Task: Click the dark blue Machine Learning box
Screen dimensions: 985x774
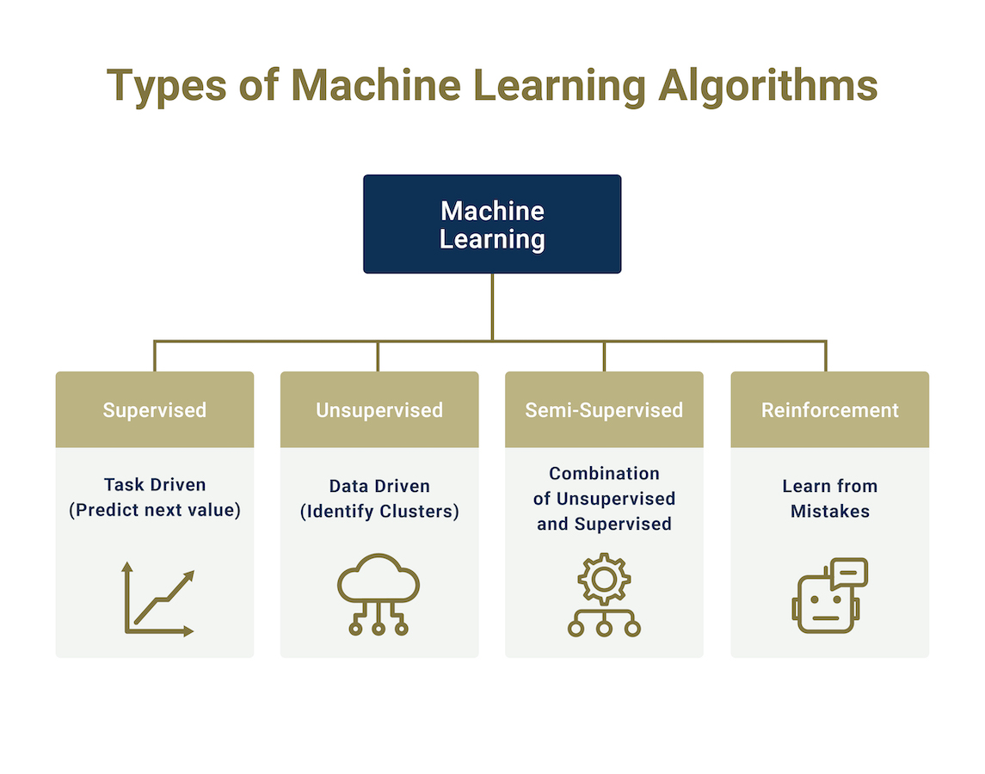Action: click(x=492, y=224)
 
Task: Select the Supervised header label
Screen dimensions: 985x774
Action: click(x=155, y=410)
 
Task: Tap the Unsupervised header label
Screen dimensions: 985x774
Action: click(x=379, y=410)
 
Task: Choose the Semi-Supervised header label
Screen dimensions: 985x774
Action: click(x=604, y=410)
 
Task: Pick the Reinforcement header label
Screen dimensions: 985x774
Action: click(x=830, y=410)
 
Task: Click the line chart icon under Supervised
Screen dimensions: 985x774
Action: click(x=158, y=599)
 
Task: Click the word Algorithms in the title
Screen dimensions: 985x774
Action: click(x=767, y=86)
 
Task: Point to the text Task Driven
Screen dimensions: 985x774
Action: click(x=155, y=485)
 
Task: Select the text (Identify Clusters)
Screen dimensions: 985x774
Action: click(x=379, y=512)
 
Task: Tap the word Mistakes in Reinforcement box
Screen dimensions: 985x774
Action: click(x=830, y=512)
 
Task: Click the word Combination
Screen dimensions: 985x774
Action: click(x=604, y=473)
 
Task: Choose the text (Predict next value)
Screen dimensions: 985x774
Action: click(x=155, y=510)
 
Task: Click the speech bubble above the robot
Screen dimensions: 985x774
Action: click(x=849, y=573)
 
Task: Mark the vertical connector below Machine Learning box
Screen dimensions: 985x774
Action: click(x=492, y=307)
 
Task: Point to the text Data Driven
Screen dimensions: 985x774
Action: click(x=379, y=486)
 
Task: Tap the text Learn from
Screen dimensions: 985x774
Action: click(x=830, y=486)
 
